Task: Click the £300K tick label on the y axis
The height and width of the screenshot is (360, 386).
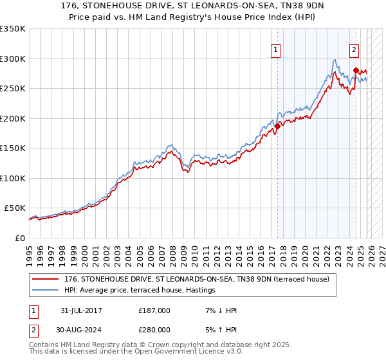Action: click(13, 59)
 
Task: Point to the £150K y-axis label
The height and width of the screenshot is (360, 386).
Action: click(13, 148)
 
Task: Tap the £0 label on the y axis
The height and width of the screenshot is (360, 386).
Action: click(19, 238)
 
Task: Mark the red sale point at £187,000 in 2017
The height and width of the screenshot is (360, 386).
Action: click(277, 127)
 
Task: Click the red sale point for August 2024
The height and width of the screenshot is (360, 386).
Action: click(356, 71)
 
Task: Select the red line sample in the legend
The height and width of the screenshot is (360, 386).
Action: click(45, 279)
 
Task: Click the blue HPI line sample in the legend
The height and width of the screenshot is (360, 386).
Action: click(45, 291)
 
